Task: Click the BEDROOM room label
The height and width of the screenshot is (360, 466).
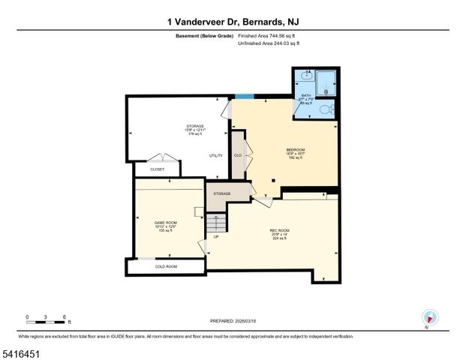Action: tap(295, 150)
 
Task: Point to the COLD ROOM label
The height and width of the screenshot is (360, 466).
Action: tap(166, 267)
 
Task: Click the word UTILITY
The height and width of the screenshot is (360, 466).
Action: tap(216, 155)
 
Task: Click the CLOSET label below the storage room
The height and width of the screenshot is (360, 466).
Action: tap(158, 169)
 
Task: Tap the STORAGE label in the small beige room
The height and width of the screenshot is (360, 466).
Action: tap(222, 194)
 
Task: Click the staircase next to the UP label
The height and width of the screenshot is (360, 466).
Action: tap(216, 223)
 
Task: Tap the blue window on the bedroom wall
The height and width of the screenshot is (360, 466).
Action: tap(243, 96)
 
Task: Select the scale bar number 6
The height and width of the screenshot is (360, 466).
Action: tap(65, 317)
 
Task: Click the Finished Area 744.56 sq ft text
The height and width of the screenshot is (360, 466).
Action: tap(269, 35)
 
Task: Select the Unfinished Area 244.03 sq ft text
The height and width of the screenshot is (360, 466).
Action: tap(269, 44)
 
